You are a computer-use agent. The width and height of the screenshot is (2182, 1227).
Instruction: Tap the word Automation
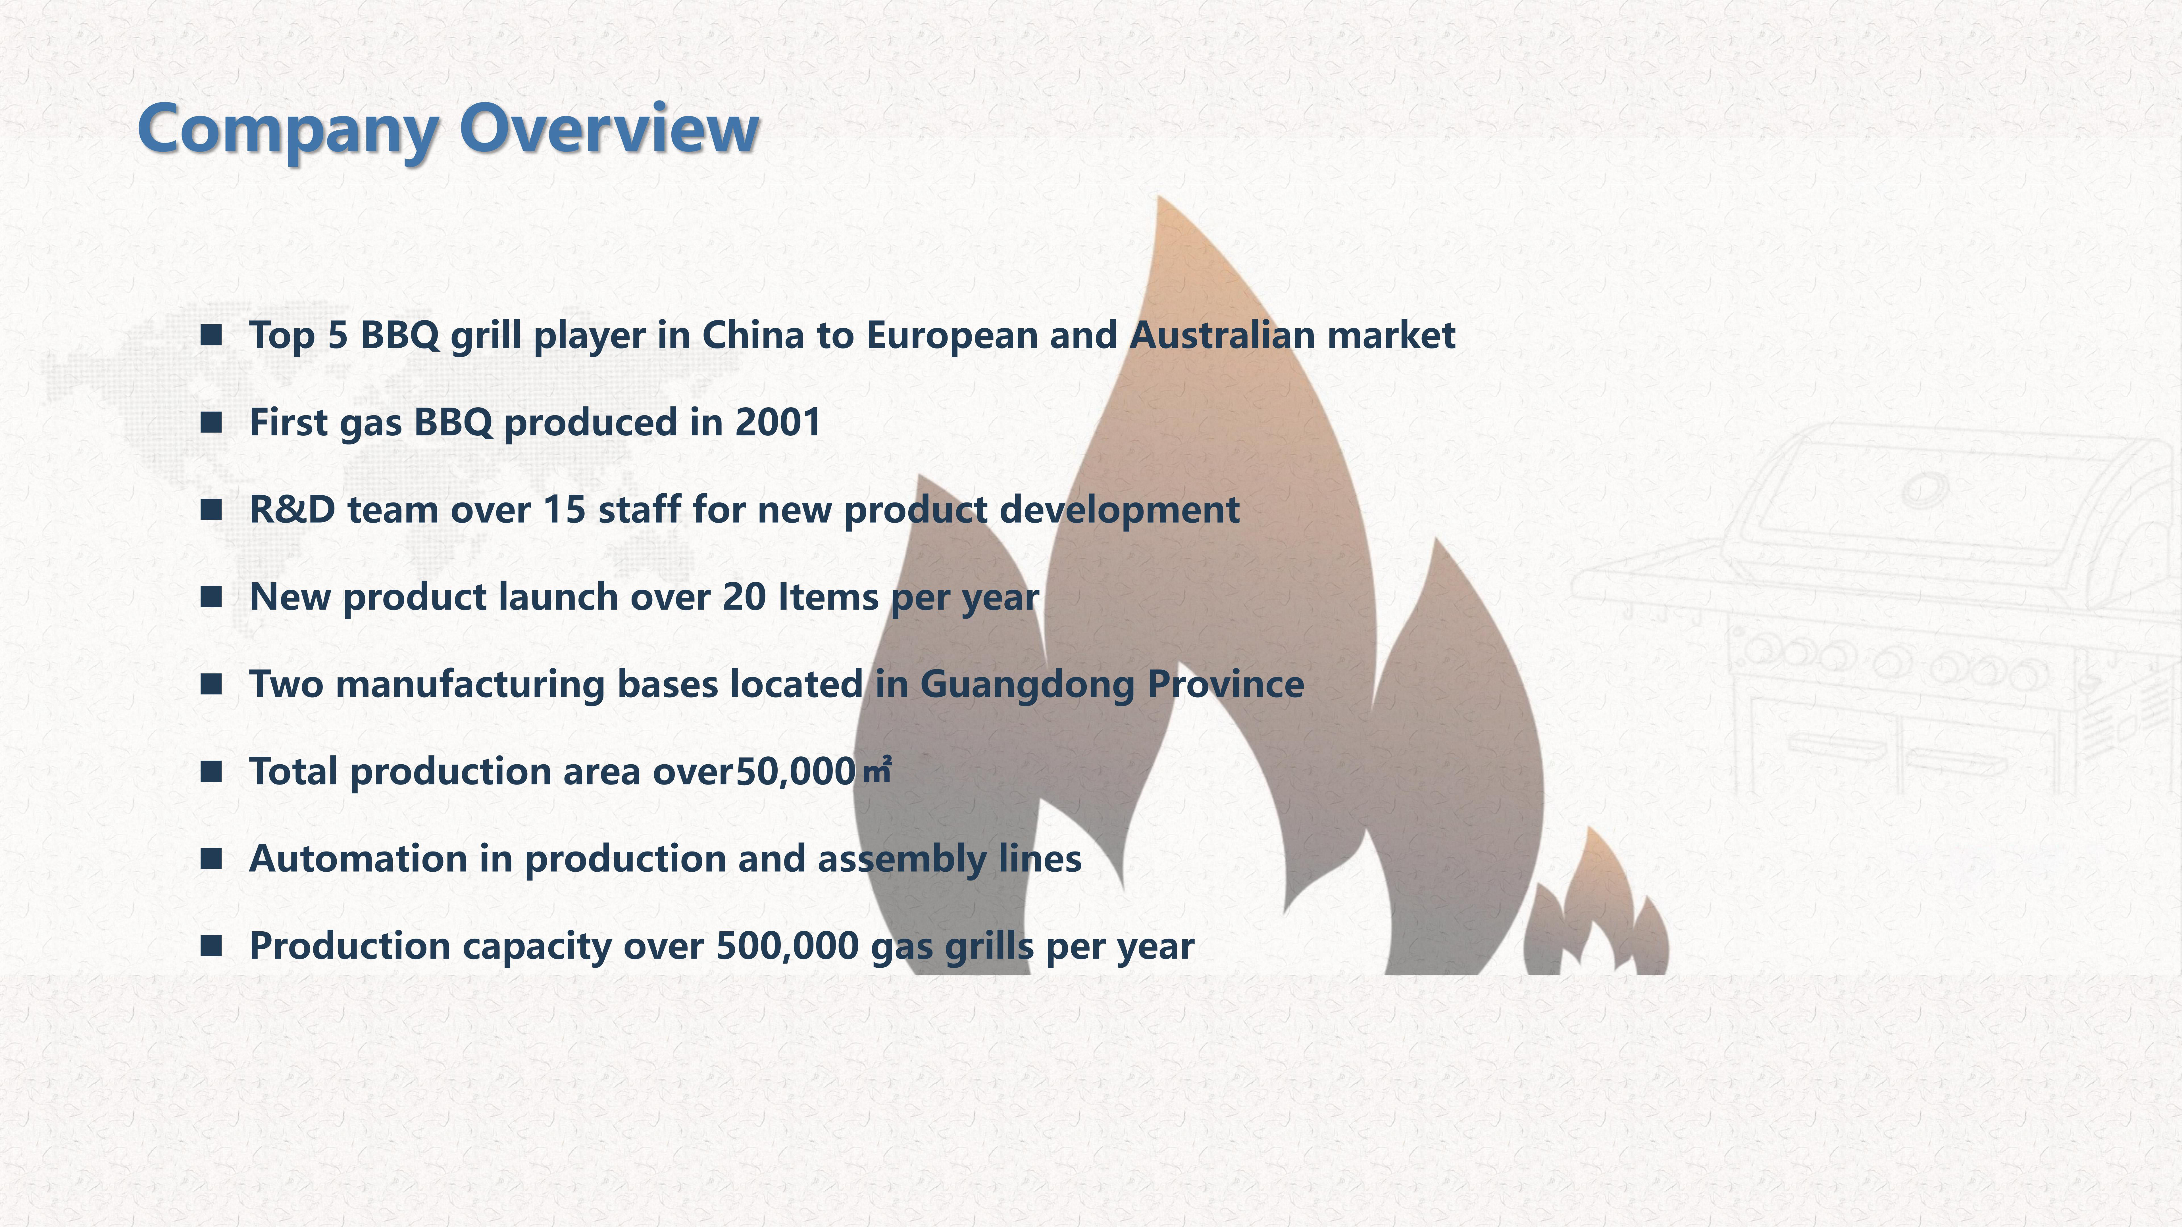coord(357,859)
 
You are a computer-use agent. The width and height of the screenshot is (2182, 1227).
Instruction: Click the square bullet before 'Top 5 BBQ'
coord(211,335)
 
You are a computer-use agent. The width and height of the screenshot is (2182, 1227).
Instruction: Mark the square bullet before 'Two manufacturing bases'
coord(211,684)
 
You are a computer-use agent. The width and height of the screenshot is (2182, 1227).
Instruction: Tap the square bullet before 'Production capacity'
coord(211,946)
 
